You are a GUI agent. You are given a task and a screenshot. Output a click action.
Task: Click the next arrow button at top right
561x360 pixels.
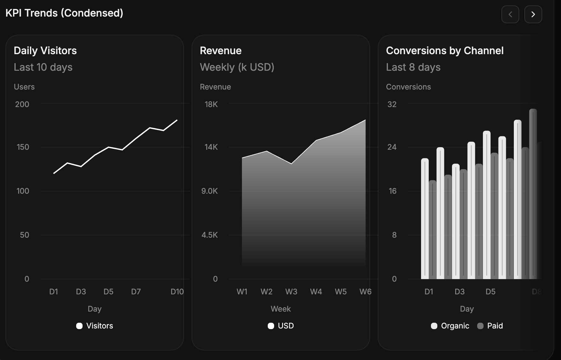click(533, 14)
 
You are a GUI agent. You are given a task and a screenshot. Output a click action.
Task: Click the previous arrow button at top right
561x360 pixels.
click(510, 14)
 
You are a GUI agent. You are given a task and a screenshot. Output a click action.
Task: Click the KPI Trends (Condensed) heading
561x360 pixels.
click(64, 13)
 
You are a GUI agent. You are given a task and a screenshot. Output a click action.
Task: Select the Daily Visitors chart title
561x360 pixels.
click(45, 51)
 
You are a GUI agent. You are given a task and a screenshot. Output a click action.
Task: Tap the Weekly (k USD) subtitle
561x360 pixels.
click(237, 67)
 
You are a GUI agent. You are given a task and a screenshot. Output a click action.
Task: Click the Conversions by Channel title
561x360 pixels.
click(445, 51)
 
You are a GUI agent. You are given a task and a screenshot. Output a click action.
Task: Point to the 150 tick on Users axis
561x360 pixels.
click(23, 147)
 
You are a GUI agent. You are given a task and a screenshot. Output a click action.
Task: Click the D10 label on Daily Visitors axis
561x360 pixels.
click(177, 292)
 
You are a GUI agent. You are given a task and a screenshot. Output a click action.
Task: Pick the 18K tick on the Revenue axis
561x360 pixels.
click(211, 104)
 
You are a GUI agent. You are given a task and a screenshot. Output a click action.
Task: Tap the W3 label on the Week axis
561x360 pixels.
click(291, 292)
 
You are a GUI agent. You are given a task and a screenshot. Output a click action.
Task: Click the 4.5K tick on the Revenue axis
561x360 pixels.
click(209, 235)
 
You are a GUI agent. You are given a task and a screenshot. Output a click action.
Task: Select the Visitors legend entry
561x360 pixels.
click(95, 326)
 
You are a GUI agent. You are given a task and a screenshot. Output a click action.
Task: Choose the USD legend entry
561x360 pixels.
click(281, 326)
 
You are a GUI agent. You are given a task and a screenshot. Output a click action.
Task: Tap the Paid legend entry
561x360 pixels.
click(490, 326)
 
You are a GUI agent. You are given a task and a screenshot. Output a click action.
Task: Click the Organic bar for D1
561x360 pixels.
click(425, 220)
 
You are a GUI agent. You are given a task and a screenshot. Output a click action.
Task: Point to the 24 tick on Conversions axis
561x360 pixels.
click(392, 147)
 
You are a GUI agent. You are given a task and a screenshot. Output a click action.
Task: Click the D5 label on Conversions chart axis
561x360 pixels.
click(490, 292)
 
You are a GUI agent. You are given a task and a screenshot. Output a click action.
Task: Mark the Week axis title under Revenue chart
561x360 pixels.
click(280, 309)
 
